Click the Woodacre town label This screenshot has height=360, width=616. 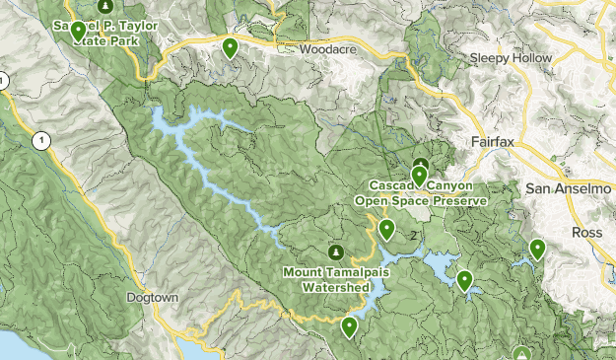[x=326, y=47]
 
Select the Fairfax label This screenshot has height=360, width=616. [x=494, y=142]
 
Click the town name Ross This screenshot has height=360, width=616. [x=589, y=232]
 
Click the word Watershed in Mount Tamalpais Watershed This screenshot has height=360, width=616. [x=335, y=287]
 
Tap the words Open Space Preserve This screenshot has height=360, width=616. [x=422, y=200]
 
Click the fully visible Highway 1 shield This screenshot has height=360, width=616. [x=40, y=141]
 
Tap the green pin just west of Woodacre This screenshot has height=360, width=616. [x=230, y=46]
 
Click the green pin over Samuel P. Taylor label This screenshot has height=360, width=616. [x=78, y=31]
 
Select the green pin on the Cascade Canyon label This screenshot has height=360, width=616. [x=420, y=177]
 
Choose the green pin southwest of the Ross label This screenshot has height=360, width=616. [x=537, y=250]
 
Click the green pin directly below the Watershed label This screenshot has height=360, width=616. [x=349, y=326]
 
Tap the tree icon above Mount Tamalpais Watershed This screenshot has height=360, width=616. [x=335, y=252]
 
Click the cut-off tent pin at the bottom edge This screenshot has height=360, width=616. [x=522, y=353]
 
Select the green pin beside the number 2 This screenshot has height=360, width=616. [x=386, y=231]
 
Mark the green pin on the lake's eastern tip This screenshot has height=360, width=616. [x=464, y=281]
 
